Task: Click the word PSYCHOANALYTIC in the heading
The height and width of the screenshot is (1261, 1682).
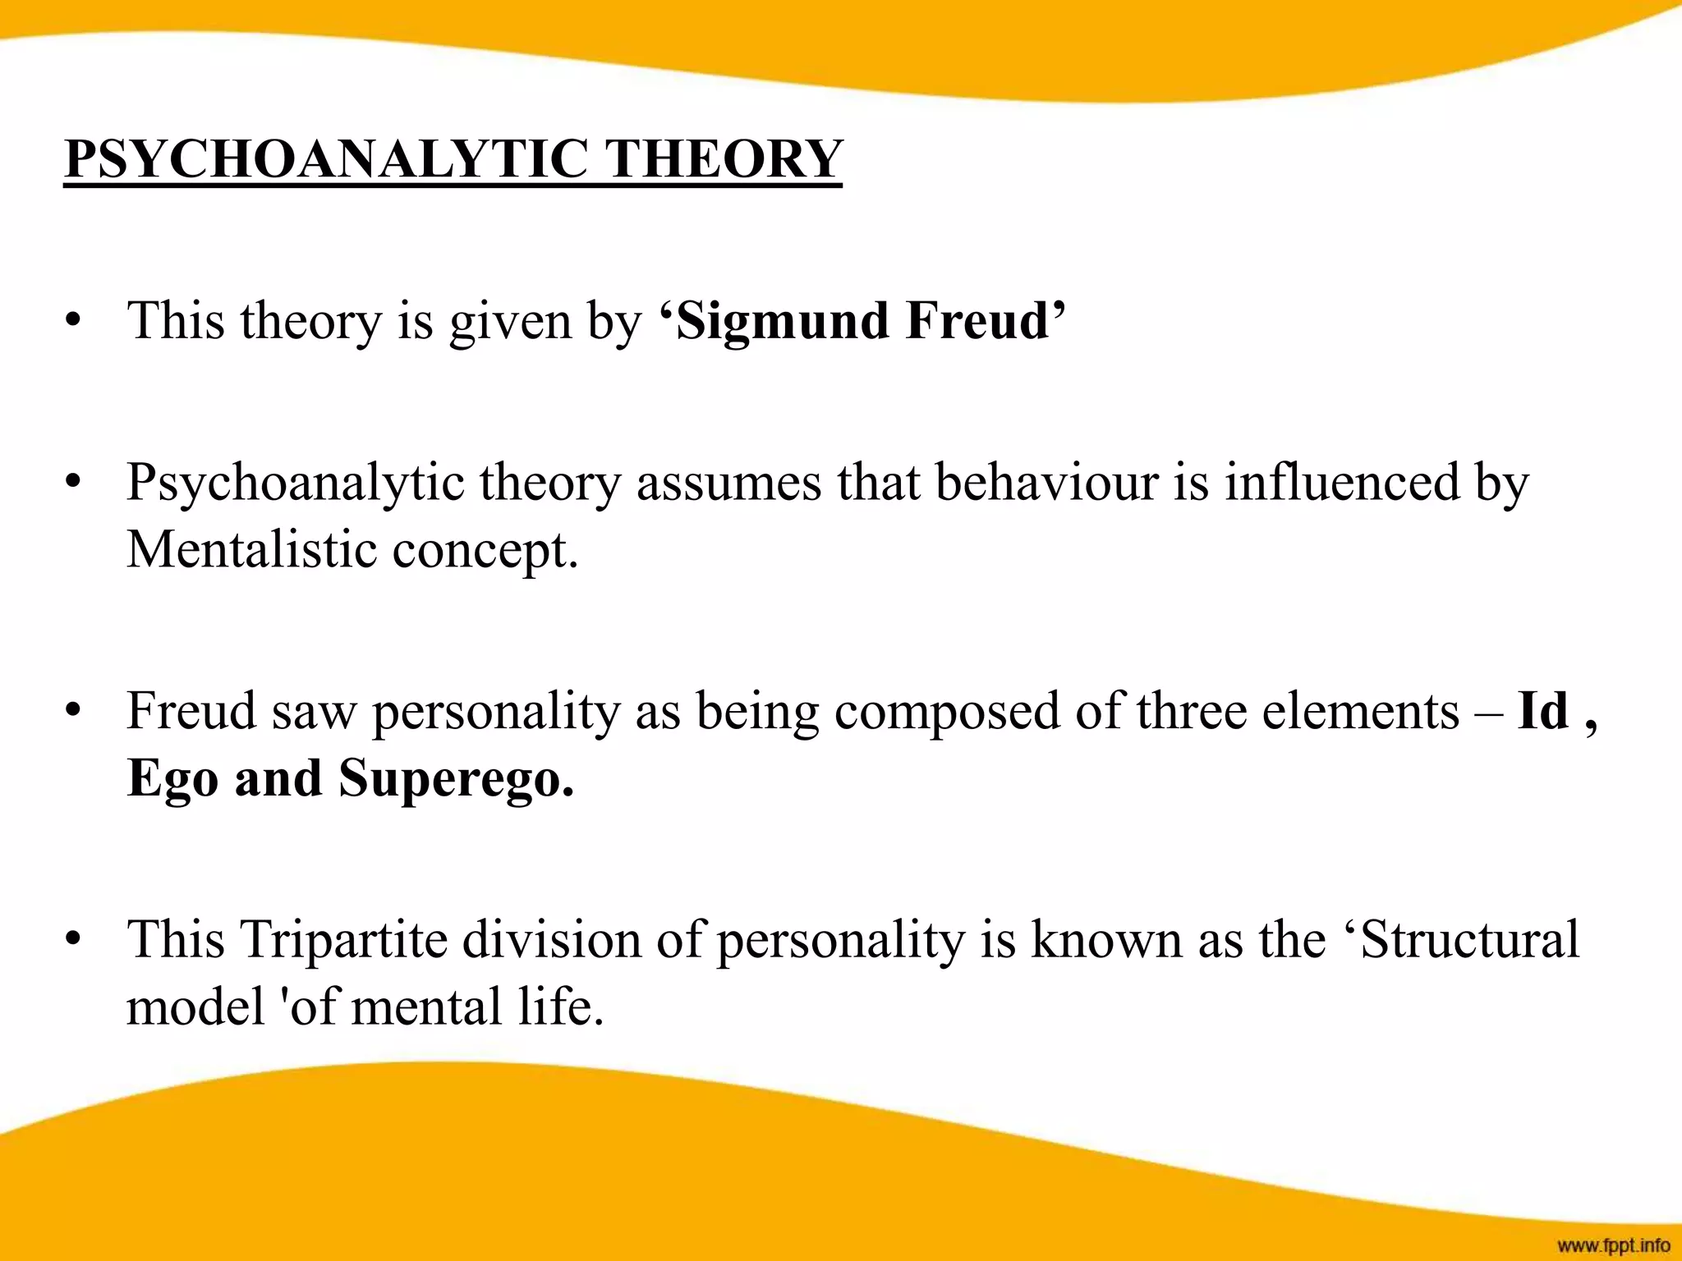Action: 326,158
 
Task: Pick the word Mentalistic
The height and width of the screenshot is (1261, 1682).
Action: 251,549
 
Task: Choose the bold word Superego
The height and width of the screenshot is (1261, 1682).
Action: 456,779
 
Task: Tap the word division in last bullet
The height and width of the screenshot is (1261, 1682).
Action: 551,940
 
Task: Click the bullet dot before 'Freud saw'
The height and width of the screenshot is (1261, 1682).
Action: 73,711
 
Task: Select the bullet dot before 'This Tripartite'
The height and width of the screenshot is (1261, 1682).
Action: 73,940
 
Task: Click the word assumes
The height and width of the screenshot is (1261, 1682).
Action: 728,483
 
